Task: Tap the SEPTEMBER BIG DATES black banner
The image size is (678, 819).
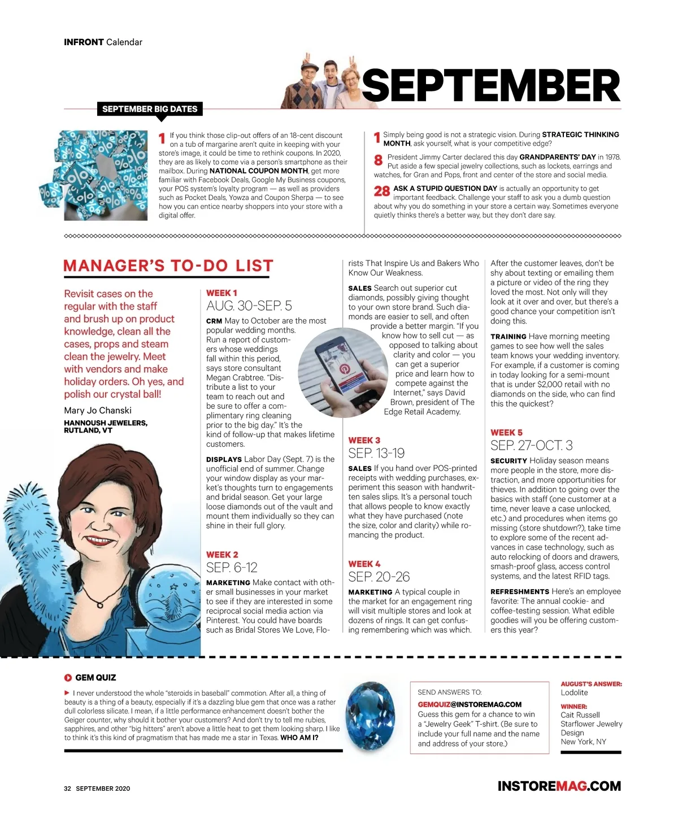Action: [150, 109]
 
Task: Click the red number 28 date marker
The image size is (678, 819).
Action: [382, 191]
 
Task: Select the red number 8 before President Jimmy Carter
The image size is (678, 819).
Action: [379, 160]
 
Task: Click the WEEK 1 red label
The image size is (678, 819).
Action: [221, 293]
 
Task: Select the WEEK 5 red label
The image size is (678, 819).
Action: [506, 432]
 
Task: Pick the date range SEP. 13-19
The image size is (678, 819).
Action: [376, 453]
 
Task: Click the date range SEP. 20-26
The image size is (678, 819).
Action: [379, 577]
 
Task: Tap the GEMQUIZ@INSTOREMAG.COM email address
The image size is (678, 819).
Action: [470, 704]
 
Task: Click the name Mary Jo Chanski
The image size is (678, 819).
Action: [98, 410]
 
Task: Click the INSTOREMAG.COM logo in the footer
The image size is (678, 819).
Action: [559, 786]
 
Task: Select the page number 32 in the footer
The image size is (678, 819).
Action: [67, 788]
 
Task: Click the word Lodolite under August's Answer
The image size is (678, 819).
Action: [574, 692]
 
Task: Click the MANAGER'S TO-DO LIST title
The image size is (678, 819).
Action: [168, 265]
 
